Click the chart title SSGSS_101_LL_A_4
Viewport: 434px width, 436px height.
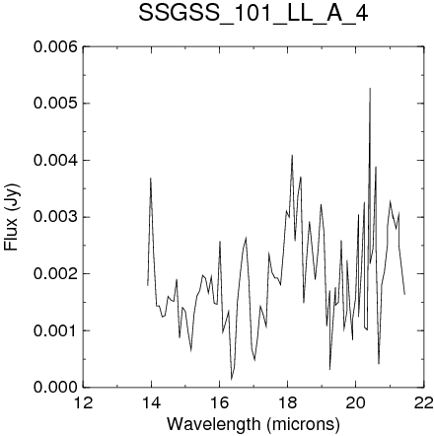click(x=253, y=14)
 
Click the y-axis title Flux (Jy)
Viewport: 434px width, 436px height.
click(x=12, y=217)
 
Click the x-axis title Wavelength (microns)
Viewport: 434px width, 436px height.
click(x=253, y=424)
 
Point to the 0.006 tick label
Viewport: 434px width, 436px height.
click(x=55, y=46)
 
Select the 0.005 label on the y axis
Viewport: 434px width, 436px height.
click(x=55, y=104)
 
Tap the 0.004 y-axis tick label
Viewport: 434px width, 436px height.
click(x=55, y=160)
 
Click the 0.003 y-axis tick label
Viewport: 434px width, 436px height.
click(x=55, y=217)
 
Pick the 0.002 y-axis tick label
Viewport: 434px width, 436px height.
click(x=55, y=273)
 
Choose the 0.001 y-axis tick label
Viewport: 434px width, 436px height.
click(x=55, y=330)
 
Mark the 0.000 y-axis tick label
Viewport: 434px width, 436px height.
click(x=55, y=387)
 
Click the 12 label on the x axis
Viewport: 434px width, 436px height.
click(x=83, y=402)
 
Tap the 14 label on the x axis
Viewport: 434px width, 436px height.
click(x=151, y=402)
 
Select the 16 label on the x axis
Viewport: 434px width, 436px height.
click(x=219, y=402)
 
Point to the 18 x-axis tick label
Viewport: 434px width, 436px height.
click(x=287, y=402)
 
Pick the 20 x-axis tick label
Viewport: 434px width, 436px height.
click(x=355, y=402)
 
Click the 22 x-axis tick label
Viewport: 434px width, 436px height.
click(x=423, y=402)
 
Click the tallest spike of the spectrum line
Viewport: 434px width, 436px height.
click(x=370, y=88)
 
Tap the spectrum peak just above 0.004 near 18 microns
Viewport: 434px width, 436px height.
click(x=292, y=155)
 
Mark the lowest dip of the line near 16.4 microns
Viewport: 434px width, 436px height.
click(x=232, y=380)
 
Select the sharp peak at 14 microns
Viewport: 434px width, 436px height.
click(x=151, y=179)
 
